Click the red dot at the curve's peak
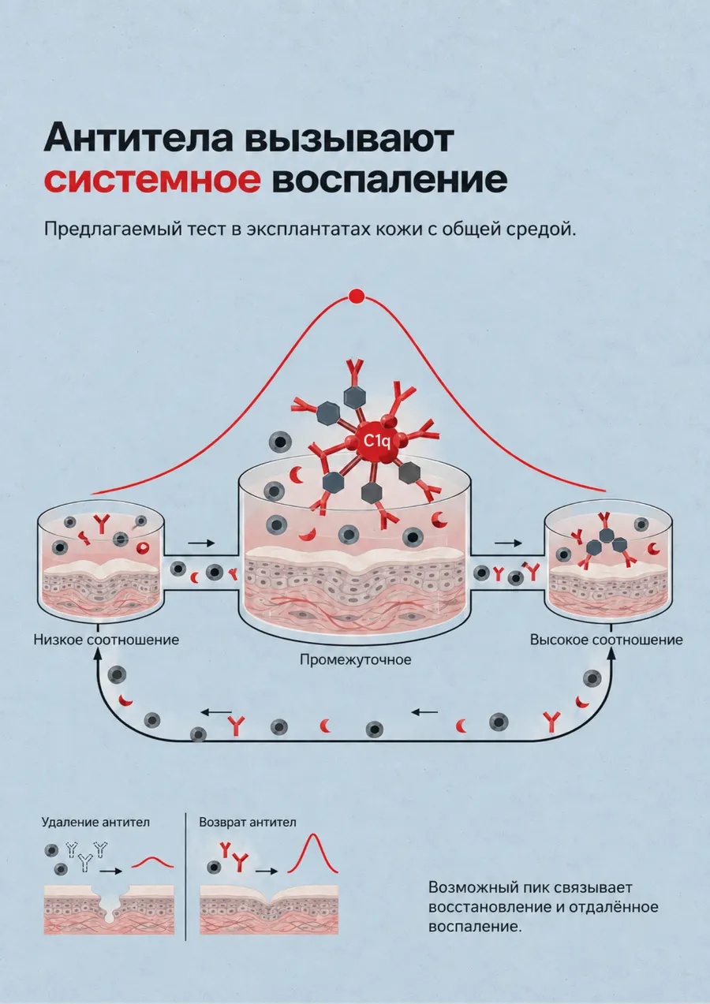(357, 296)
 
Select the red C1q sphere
(376, 442)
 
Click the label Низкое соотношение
(106, 640)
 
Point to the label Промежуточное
(356, 660)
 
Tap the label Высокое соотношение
(607, 640)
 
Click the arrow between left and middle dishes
(201, 543)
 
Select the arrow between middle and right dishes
(508, 543)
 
